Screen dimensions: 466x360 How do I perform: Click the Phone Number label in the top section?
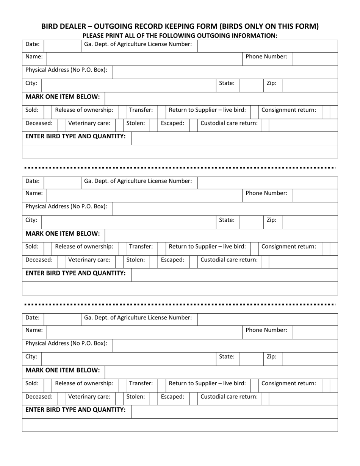coord(266,57)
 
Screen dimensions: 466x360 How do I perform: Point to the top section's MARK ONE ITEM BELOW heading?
coord(63,97)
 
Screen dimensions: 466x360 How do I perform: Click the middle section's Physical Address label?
coord(66,206)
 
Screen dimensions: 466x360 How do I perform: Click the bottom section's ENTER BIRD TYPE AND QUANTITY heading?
coord(75,410)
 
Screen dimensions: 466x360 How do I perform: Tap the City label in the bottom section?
coord(31,357)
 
